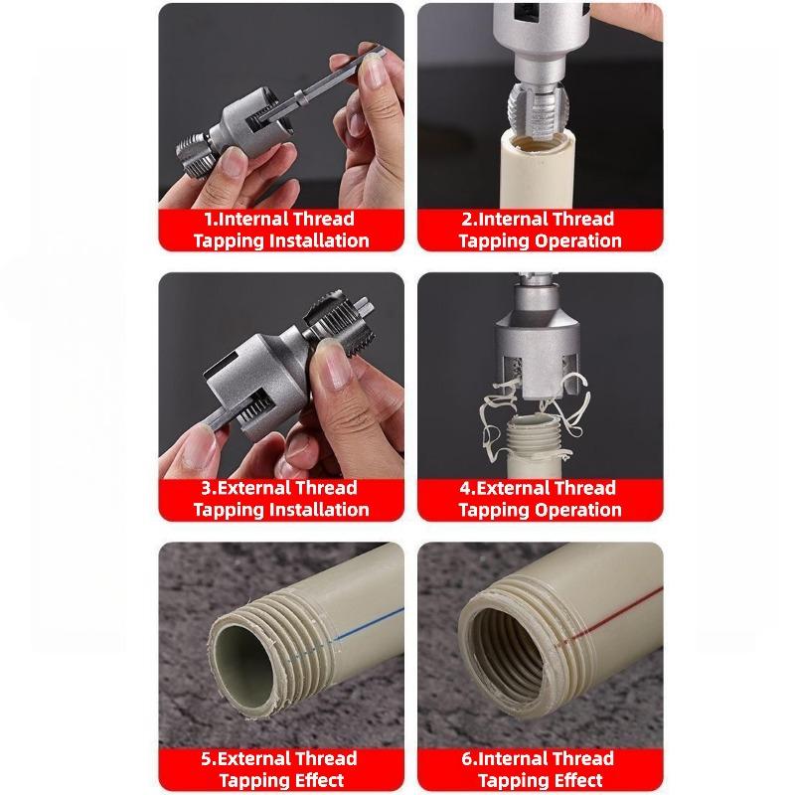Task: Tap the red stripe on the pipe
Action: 606,624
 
